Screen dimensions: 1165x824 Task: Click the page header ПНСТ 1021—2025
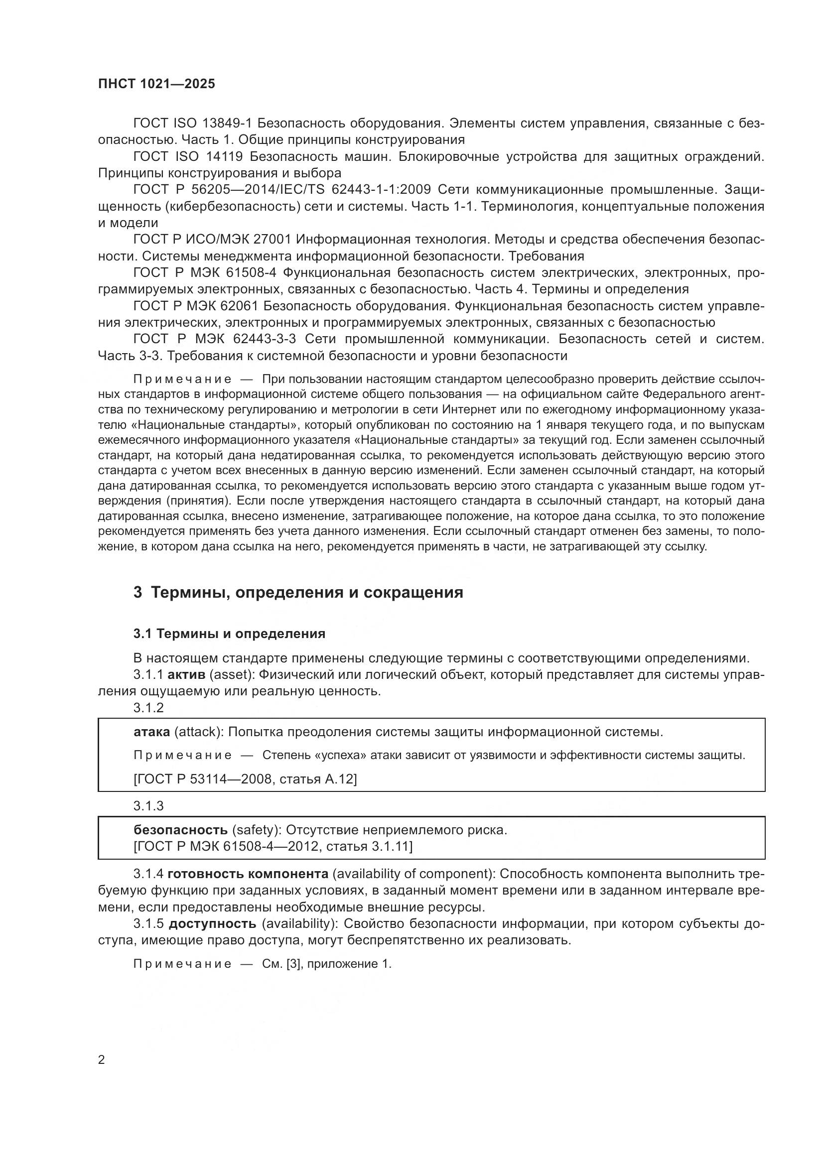(x=156, y=84)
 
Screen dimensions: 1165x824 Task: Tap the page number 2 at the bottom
(x=102, y=1059)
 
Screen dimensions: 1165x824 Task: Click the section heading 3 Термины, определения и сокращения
(x=298, y=592)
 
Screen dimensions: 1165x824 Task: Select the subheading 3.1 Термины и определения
(x=229, y=633)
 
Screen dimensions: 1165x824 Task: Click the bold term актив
(x=186, y=674)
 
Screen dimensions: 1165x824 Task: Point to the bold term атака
(x=152, y=732)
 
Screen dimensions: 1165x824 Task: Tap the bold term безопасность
(x=180, y=830)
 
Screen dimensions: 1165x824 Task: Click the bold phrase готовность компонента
(x=248, y=874)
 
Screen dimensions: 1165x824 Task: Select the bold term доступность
(x=212, y=923)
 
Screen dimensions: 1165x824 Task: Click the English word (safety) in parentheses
(x=257, y=830)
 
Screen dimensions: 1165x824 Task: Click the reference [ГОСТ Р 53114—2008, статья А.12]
(x=245, y=778)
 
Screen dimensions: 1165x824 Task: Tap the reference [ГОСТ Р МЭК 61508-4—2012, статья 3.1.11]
(x=273, y=846)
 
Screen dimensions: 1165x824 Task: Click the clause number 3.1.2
(x=148, y=707)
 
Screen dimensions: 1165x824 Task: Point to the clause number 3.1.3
(x=148, y=805)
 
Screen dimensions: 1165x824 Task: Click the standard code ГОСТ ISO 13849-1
(x=192, y=124)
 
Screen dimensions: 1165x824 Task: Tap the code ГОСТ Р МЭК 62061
(x=196, y=306)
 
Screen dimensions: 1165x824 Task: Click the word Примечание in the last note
(x=182, y=964)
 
